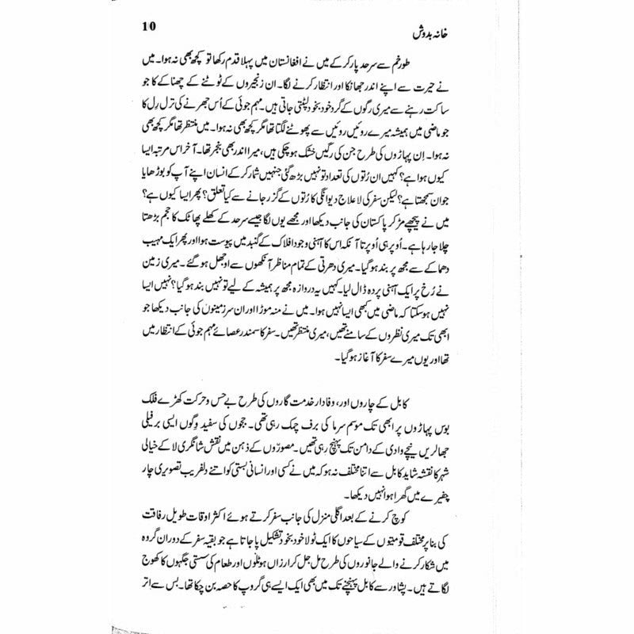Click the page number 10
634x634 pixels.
point(108,25)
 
